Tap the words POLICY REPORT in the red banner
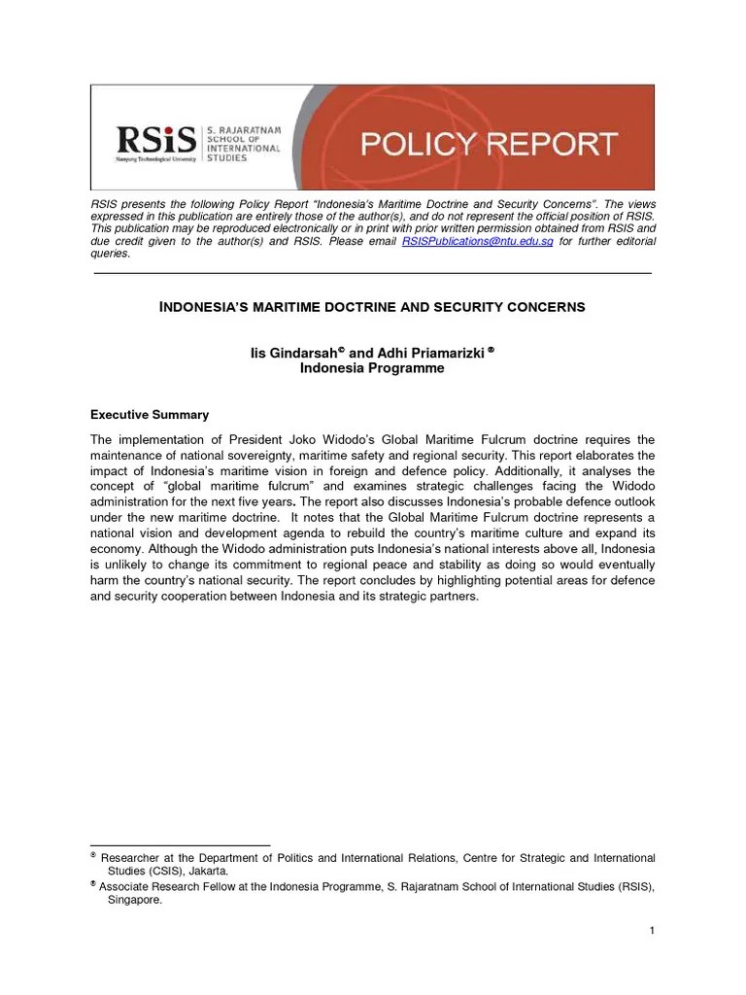pyautogui.click(x=489, y=145)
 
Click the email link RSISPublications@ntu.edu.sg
pyautogui.click(x=477, y=241)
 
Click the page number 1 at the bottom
pyautogui.click(x=652, y=931)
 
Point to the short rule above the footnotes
pyautogui.click(x=180, y=844)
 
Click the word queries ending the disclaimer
pyautogui.click(x=110, y=254)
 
